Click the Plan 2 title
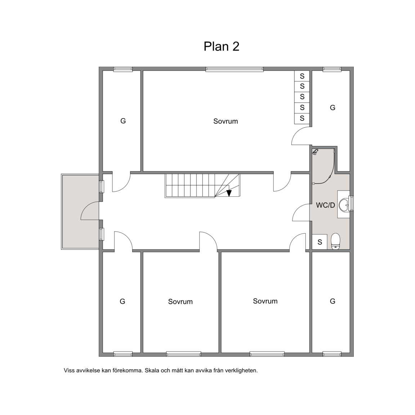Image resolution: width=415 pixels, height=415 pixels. (221, 46)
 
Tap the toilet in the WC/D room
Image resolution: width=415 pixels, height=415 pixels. (335, 241)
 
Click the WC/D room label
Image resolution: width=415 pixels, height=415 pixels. (325, 205)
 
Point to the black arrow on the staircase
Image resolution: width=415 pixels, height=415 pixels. (229, 193)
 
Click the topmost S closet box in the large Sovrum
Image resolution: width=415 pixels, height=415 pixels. (302, 76)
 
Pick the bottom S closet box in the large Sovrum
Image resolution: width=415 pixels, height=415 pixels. (302, 118)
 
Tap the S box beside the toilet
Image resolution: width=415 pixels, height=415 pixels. (320, 242)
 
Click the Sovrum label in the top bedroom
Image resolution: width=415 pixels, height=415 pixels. (226, 121)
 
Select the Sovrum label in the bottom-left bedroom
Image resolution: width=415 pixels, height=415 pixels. (180, 302)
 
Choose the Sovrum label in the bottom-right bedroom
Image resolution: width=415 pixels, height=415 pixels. (265, 301)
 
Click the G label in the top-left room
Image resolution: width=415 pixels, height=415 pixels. (123, 121)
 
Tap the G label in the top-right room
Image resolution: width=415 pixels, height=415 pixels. (333, 107)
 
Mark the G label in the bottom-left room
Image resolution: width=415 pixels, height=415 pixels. (122, 302)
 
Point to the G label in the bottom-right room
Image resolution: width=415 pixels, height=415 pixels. (333, 301)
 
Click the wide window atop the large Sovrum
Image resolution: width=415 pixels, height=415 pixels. (235, 69)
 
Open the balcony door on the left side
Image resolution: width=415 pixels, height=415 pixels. (90, 211)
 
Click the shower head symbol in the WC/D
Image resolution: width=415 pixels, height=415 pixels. (315, 152)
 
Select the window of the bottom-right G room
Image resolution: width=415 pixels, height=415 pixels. (332, 354)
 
